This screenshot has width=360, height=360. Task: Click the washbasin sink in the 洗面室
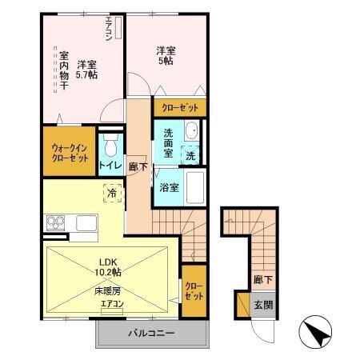pos(193,131)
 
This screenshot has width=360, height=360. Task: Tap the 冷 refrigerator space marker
pos(112,193)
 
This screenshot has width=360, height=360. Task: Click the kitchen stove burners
pos(56,222)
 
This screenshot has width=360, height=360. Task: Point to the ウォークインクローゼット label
pos(70,152)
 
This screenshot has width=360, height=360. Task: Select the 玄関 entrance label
pos(264,305)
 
